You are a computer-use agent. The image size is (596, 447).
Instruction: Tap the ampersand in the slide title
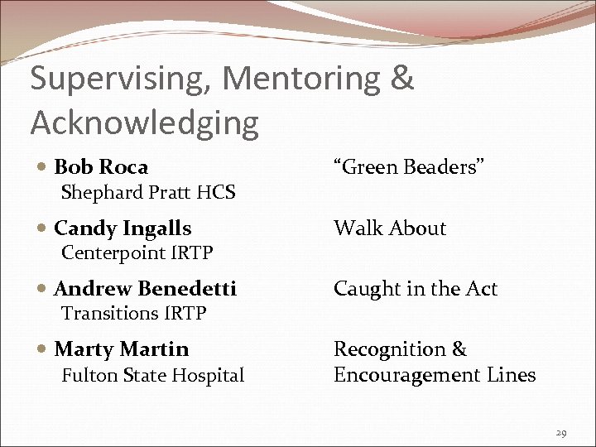tap(401, 79)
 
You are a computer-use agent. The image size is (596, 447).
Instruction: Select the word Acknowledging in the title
tap(145, 123)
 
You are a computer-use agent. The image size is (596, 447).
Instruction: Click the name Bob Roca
tap(101, 167)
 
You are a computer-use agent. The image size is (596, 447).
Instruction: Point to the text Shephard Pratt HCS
tap(149, 193)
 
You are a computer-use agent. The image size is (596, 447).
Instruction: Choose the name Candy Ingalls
tap(123, 228)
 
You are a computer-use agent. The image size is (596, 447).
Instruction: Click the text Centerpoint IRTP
tap(137, 252)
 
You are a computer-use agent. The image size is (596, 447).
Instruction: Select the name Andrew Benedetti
tap(145, 289)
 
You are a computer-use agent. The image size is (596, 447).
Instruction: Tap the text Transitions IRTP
tap(134, 313)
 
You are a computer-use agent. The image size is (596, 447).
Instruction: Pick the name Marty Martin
tap(121, 349)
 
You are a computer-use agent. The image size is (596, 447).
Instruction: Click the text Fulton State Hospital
tap(153, 376)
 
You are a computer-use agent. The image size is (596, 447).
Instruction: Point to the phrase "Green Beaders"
tap(408, 167)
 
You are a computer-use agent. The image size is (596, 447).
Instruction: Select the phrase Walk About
tap(389, 228)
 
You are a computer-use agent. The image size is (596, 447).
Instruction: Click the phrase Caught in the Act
tap(416, 289)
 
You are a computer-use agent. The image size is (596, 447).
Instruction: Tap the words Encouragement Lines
tap(435, 376)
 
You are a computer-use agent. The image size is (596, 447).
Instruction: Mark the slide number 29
tap(560, 434)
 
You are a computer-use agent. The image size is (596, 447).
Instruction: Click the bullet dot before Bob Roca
tap(42, 168)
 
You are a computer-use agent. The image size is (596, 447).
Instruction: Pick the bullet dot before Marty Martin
tap(42, 350)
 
